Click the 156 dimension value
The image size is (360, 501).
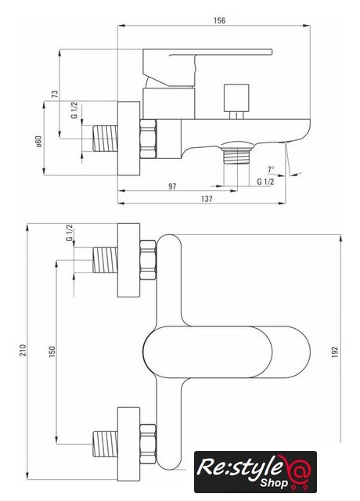(219, 20)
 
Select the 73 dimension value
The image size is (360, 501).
(55, 94)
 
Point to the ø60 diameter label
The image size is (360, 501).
(38, 142)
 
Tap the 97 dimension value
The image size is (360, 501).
(172, 186)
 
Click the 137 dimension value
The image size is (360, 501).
(207, 199)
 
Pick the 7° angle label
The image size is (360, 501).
(271, 169)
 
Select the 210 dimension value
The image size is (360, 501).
(23, 351)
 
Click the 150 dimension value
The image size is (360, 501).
(52, 351)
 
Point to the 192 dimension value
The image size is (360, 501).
(334, 351)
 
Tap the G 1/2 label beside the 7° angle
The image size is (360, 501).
(265, 182)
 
